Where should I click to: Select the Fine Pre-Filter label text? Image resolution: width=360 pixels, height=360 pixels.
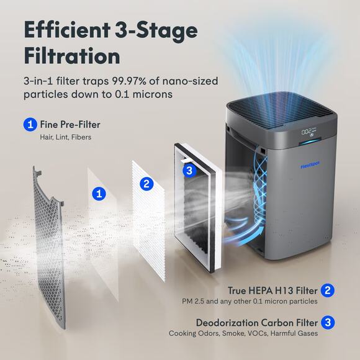70,125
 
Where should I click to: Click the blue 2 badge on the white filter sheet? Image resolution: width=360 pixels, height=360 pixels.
146,183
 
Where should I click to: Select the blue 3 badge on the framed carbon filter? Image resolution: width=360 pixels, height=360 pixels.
189,169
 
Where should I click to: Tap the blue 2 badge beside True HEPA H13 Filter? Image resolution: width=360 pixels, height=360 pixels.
329,289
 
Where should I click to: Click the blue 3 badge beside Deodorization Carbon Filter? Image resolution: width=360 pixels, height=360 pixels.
329,322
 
